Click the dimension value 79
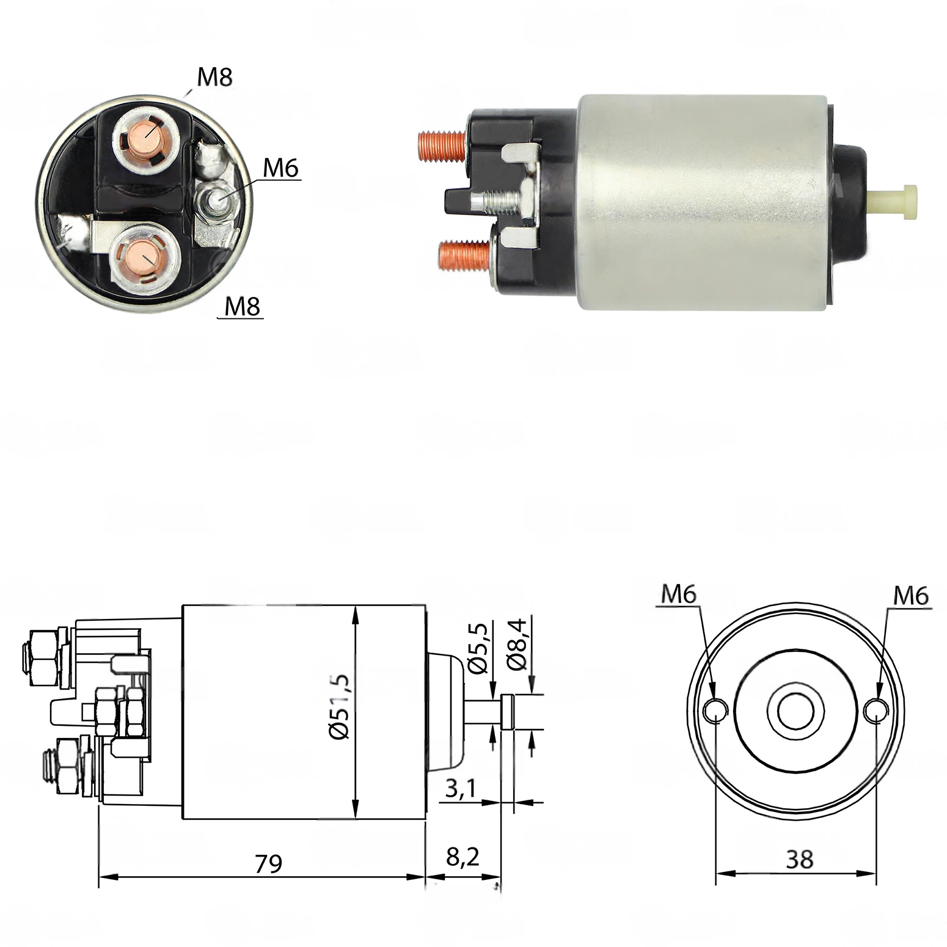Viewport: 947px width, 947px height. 268,863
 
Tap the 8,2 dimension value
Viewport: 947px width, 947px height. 463,857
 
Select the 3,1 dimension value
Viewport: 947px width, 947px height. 460,789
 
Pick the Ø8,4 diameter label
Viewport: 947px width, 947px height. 517,644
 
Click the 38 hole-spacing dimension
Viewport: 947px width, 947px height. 799,860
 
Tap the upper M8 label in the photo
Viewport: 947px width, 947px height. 214,77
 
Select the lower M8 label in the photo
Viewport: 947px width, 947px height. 243,306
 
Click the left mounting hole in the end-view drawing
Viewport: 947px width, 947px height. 715,710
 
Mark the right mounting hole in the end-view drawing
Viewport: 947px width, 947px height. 877,710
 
